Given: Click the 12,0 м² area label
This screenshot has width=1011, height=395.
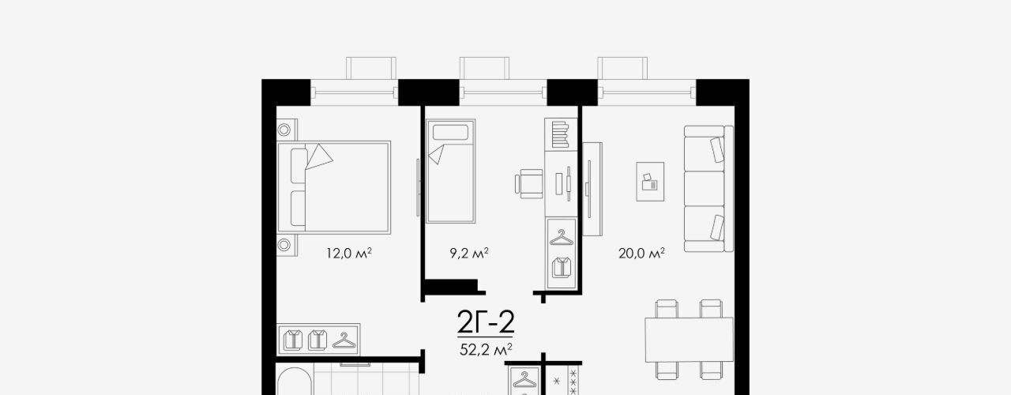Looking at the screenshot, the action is (x=349, y=254).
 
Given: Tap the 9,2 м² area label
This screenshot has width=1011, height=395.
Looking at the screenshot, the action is (x=469, y=254).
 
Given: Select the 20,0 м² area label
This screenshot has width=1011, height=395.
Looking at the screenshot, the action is (x=641, y=254).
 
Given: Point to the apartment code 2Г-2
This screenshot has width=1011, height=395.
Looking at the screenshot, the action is (x=486, y=322).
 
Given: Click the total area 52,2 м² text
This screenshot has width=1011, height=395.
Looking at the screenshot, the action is (x=486, y=349).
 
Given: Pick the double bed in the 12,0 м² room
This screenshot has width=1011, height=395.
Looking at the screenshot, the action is (x=333, y=187).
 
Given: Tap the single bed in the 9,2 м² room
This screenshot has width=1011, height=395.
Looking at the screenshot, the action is (x=450, y=171).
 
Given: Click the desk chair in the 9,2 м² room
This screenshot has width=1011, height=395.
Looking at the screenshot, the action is (x=529, y=184).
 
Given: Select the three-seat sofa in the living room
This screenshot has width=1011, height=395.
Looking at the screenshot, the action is (x=708, y=189).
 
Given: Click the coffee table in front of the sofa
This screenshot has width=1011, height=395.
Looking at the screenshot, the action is (x=650, y=182).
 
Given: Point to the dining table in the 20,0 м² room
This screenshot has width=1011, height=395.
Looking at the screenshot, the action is (x=690, y=340).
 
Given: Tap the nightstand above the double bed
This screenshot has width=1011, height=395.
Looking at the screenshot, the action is (x=287, y=130).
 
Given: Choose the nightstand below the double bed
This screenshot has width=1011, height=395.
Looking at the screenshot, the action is (x=287, y=245).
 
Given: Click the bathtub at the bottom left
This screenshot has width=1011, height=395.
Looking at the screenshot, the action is (x=295, y=382).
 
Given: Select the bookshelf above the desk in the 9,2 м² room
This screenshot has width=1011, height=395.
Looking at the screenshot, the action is (x=561, y=134).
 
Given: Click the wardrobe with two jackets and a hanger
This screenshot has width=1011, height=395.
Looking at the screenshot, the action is (x=318, y=340).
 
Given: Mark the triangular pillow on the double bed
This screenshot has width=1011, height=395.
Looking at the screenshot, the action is (x=318, y=156).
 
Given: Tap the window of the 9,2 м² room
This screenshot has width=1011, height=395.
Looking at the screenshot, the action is (x=503, y=93).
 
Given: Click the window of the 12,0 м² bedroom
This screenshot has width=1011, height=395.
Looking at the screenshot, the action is (x=355, y=93).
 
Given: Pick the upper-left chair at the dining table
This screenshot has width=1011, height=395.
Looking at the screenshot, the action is (x=667, y=309).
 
